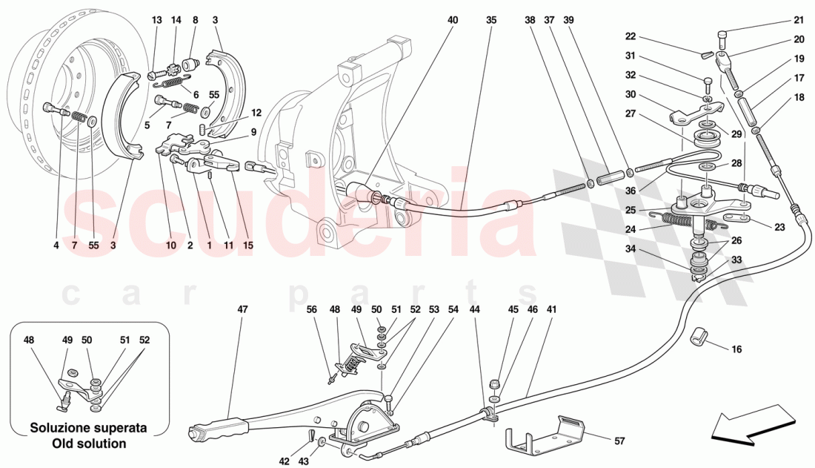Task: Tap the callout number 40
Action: pos(453,21)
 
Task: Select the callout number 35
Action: pos(491,21)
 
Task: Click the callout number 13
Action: pos(156,21)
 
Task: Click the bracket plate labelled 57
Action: pos(545,436)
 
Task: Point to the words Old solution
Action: pos(89,444)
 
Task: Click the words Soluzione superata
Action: pos(89,429)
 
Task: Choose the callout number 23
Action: pos(779,228)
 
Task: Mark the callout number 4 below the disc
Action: pos(56,245)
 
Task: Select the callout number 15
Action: pos(247,245)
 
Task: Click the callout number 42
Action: pos(285,461)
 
